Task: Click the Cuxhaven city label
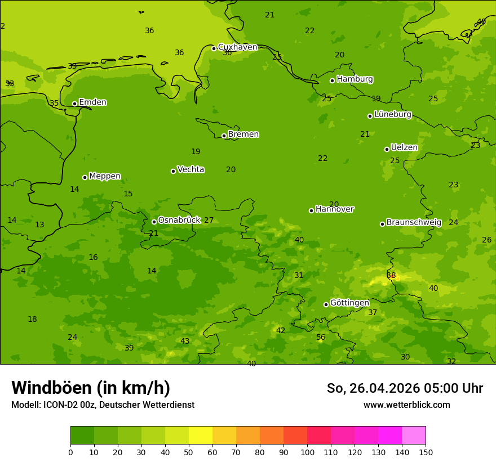(x=237, y=47)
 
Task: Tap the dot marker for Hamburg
(x=333, y=80)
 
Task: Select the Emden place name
(x=92, y=102)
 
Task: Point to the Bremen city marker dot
(x=224, y=136)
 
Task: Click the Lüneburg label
(x=393, y=114)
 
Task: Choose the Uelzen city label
(x=404, y=148)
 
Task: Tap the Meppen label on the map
(x=105, y=176)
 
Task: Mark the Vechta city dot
(x=173, y=171)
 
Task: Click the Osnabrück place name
(x=179, y=220)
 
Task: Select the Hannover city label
(x=335, y=209)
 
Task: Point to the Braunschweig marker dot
(x=382, y=224)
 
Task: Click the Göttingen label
(x=349, y=303)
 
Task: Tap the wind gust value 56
(x=321, y=338)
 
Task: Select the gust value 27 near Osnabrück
(x=209, y=221)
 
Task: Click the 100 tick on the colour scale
(x=307, y=452)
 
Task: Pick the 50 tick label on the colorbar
(x=189, y=452)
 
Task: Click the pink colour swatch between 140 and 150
(x=414, y=435)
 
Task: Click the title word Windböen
(x=51, y=388)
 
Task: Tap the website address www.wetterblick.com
(x=406, y=405)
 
